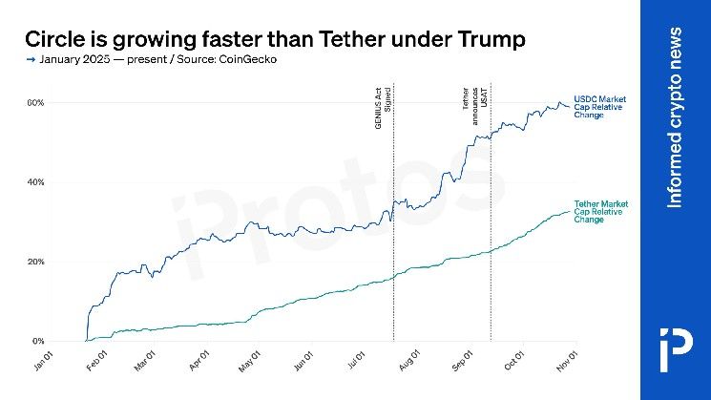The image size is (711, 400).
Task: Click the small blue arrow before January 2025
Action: [31, 60]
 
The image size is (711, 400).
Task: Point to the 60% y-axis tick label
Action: [34, 102]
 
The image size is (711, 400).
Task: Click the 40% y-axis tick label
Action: [34, 181]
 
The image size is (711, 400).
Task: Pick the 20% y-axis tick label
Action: [34, 262]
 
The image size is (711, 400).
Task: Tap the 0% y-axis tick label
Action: [36, 341]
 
